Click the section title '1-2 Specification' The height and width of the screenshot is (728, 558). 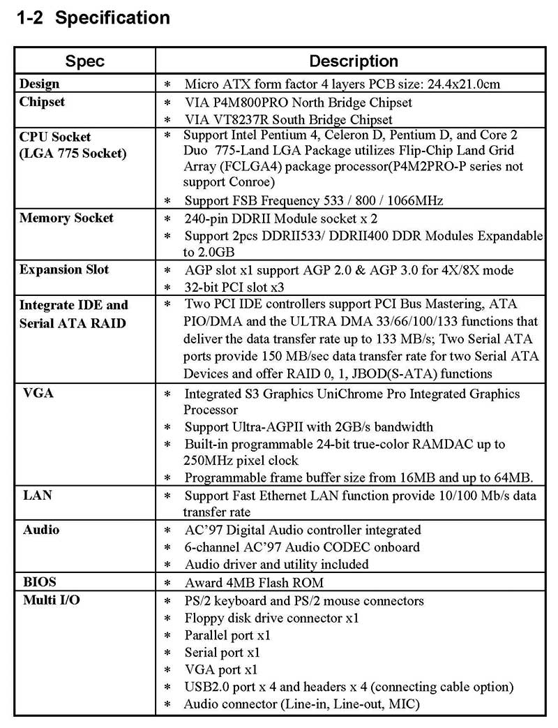pos(93,17)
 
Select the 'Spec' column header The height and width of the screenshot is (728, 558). pos(84,61)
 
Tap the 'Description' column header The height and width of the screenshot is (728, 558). pos(354,61)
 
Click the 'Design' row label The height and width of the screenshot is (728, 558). pos(40,84)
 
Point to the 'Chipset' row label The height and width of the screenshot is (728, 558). pos(43,102)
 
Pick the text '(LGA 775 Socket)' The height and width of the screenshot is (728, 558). pos(73,152)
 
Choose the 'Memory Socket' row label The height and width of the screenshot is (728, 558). pos(66,218)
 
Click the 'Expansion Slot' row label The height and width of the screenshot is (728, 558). pos(65,269)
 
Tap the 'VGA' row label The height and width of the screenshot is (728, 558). pos(38,393)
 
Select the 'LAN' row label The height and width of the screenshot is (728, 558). pos(38,495)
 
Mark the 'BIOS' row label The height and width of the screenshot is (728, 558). pos(39,581)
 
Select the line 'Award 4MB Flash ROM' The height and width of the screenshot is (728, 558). pos(254,583)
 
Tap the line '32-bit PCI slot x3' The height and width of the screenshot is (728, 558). pos(235,288)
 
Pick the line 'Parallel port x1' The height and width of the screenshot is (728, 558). pos(227,635)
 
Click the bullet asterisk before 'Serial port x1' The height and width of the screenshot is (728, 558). pos(167,653)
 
